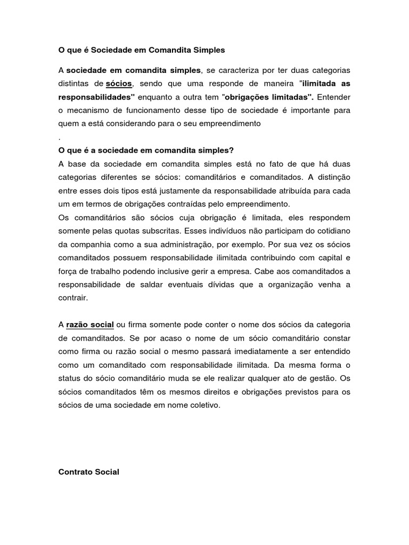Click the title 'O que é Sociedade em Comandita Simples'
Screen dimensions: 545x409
coord(142,50)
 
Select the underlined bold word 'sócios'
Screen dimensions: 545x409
coord(118,84)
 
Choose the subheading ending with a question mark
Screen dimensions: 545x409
coord(146,150)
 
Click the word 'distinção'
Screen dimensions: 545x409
coord(330,177)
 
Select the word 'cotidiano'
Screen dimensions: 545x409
coord(331,230)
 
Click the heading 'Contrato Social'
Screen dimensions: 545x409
coord(88,472)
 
